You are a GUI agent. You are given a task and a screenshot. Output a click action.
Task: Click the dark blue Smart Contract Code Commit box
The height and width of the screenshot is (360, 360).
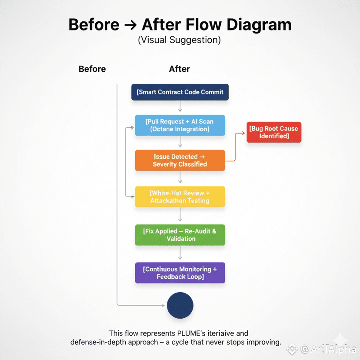[x=180, y=92]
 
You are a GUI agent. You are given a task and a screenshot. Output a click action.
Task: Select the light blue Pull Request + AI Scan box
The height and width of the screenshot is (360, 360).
[x=180, y=125]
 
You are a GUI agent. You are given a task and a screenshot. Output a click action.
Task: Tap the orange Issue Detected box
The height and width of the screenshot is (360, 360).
[x=180, y=160]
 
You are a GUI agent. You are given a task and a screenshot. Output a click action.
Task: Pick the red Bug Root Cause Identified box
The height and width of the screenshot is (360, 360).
[x=274, y=132]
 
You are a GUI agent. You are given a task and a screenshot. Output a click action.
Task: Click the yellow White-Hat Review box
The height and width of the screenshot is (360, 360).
[x=180, y=197]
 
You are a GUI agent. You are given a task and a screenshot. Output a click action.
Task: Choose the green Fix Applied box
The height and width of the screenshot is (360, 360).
[x=180, y=235]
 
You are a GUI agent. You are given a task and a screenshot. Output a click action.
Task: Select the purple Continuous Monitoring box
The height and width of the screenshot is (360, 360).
[x=180, y=273]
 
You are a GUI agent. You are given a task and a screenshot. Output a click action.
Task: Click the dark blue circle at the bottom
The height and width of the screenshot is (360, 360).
[x=180, y=305]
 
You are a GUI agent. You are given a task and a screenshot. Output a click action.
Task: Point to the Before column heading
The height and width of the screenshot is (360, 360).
[x=92, y=69]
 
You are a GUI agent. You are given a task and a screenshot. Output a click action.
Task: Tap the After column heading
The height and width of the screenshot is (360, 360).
[x=180, y=69]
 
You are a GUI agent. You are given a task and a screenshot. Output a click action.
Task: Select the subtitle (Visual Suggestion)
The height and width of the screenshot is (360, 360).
[x=180, y=40]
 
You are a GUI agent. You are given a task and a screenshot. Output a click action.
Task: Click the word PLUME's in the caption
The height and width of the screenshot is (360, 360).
[x=186, y=333]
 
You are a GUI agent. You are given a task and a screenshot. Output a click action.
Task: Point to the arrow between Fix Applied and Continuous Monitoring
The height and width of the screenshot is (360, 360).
[x=180, y=254]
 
